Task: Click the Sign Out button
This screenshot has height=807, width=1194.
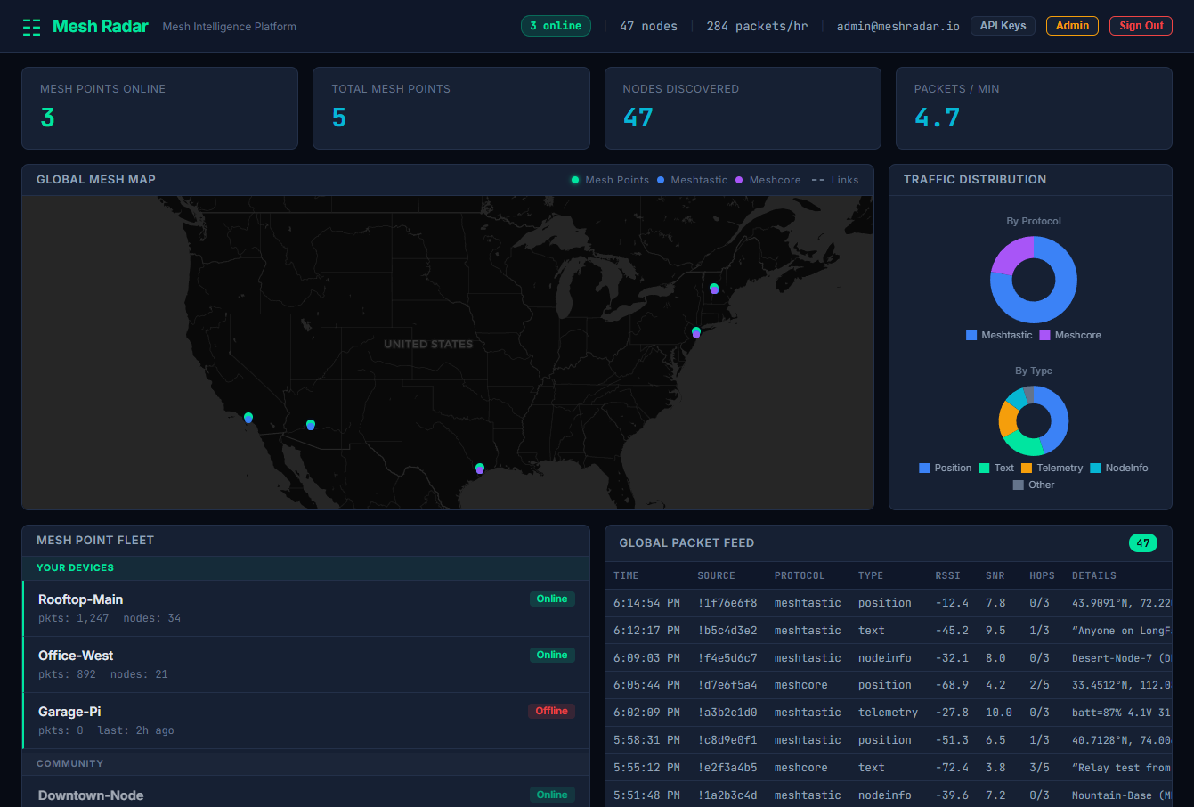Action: click(x=1141, y=26)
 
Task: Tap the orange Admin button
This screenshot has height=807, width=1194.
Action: click(x=1072, y=26)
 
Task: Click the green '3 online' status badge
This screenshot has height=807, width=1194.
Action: click(x=556, y=26)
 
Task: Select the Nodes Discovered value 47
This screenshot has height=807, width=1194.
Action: click(x=638, y=118)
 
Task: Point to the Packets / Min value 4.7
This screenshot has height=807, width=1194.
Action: click(x=937, y=118)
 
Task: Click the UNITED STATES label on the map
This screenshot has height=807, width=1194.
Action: click(x=428, y=344)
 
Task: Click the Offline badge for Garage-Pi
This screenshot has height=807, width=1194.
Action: click(x=551, y=711)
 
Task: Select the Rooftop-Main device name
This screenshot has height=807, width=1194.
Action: click(x=81, y=599)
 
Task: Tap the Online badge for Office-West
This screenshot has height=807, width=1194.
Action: click(x=551, y=655)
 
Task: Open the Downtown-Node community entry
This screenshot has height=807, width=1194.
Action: click(x=91, y=795)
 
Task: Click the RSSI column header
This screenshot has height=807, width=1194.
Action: click(x=948, y=575)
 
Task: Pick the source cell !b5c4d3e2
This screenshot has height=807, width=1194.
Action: click(x=727, y=631)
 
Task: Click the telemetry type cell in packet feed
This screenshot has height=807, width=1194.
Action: click(x=888, y=713)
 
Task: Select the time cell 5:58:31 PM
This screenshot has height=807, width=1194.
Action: click(x=646, y=740)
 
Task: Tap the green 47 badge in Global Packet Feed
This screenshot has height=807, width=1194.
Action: click(x=1142, y=542)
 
